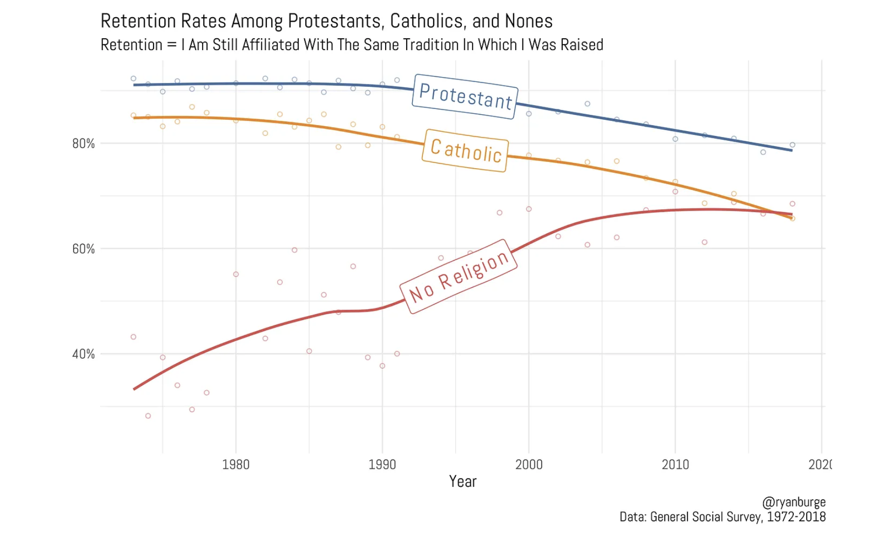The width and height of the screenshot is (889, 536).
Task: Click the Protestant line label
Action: coord(465,96)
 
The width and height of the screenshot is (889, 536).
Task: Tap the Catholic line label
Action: coord(465,150)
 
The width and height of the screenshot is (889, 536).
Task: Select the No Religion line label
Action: coord(458,276)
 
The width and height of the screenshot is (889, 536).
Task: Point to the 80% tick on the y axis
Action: coord(83,143)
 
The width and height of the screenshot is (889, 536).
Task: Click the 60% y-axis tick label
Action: coord(83,249)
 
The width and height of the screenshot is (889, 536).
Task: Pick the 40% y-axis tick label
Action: coord(83,354)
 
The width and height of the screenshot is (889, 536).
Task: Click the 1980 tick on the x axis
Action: coord(235,464)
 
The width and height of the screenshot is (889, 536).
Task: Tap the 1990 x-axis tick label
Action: coord(382,464)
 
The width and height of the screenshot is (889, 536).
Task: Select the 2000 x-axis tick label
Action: coord(529,464)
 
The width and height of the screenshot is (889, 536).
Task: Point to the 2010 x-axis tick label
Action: coord(675,464)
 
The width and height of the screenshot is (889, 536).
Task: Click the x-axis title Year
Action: coord(463,482)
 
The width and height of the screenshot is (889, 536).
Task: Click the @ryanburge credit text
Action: coord(794,502)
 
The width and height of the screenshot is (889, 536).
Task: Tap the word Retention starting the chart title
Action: coord(138,21)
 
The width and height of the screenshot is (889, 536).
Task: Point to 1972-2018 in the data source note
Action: coord(796,517)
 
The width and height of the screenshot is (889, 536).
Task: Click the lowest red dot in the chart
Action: coord(148,416)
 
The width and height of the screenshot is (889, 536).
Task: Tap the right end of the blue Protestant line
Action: coord(792,150)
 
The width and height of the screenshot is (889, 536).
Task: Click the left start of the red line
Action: coord(134,389)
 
